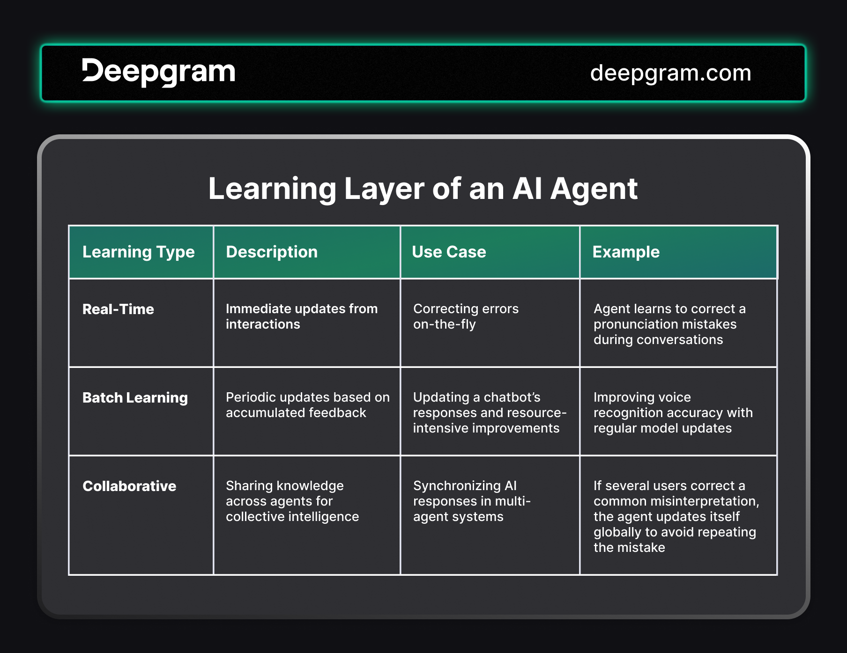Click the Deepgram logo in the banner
pos(158,72)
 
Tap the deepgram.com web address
pos(670,73)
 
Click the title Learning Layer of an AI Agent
pos(423,189)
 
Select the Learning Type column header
pos(139,252)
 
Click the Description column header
pos(272,252)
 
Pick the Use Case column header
pos(449,252)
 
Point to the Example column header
pos(626,252)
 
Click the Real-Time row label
pos(118,309)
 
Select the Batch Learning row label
pos(135,397)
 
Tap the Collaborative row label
pos(129,486)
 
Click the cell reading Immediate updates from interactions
pos(302,316)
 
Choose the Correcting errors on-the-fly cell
pos(466,316)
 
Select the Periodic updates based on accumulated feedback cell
pos(307,405)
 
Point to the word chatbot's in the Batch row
pos(512,397)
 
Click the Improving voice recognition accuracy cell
pos(673,412)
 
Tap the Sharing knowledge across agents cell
pos(292,501)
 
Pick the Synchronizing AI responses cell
pos(472,501)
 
